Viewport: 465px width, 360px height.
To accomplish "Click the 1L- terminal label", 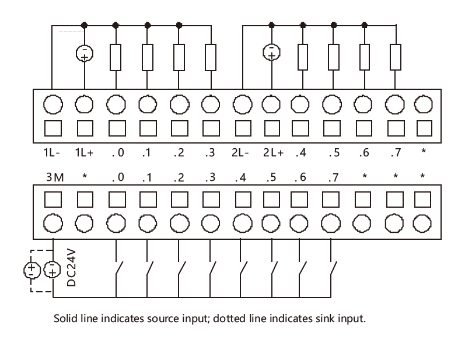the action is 51,153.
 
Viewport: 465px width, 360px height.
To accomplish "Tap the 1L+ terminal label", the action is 84,153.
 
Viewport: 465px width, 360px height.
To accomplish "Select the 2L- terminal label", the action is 240,153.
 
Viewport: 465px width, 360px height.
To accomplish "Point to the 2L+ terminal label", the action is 273,153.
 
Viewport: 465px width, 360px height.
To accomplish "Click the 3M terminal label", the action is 55,177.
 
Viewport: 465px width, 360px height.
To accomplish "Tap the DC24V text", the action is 71,268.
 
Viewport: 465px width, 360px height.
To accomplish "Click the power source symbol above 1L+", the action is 85,53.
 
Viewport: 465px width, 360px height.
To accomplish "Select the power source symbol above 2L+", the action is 271,52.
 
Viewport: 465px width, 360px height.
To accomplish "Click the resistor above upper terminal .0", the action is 116,58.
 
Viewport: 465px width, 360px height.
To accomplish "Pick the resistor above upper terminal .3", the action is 211,58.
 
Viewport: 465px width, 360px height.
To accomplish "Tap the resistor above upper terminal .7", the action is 396,57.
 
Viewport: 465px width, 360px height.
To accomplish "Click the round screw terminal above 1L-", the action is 53,104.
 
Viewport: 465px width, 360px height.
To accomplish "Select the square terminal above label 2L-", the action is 243,128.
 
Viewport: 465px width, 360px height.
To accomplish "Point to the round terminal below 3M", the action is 53,223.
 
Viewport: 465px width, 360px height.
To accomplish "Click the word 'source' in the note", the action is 163,319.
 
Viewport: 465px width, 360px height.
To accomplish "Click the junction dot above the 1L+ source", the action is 84,25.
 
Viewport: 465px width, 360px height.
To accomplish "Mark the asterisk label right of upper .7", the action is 424,151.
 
